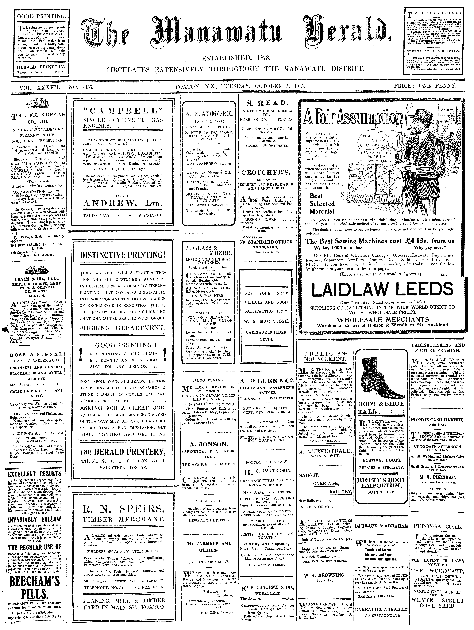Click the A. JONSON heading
pyautogui.click(x=209, y=444)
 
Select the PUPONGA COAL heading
pyautogui.click(x=438, y=526)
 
